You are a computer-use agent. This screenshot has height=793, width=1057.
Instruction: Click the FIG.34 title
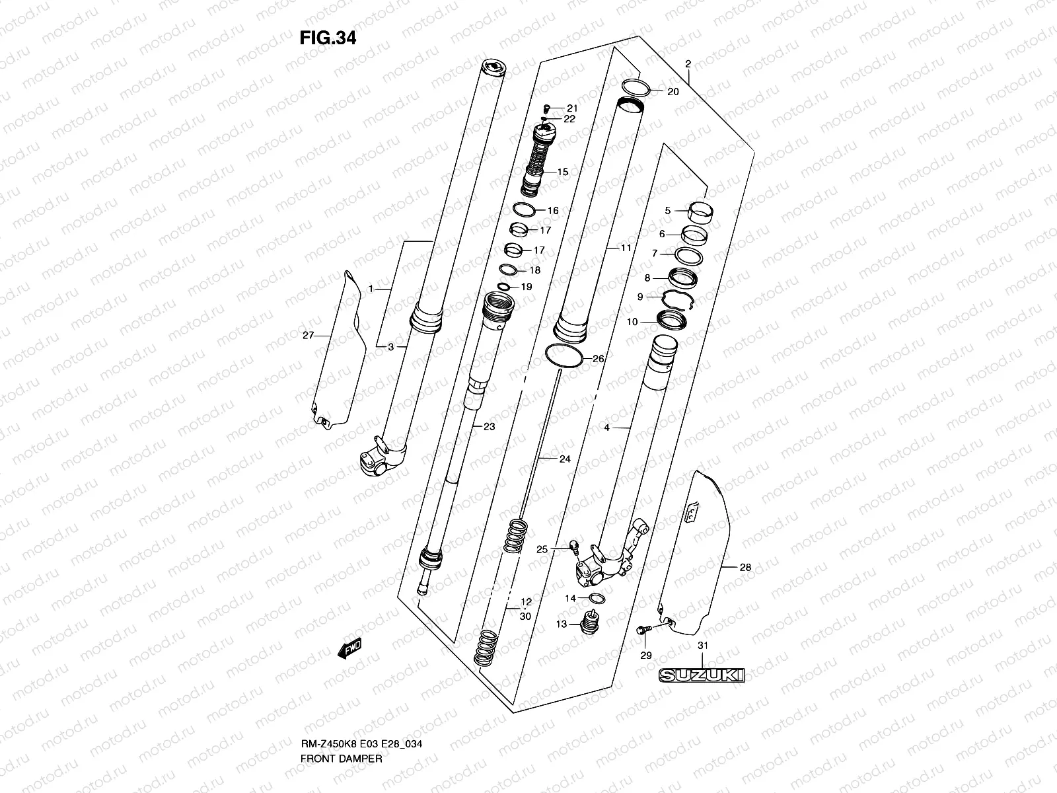328,38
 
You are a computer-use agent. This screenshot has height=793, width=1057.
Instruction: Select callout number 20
673,92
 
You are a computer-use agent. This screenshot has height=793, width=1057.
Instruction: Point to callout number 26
598,359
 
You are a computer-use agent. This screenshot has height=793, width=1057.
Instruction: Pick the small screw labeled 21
547,108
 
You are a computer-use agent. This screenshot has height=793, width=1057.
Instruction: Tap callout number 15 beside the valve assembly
562,172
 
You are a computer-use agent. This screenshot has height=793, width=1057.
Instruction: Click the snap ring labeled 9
676,299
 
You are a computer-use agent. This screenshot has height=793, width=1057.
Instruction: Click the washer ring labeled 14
596,599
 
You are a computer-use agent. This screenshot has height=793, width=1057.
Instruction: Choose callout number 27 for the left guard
308,336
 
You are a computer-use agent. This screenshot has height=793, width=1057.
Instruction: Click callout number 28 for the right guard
745,567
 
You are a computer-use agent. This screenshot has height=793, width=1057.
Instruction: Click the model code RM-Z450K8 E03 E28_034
361,707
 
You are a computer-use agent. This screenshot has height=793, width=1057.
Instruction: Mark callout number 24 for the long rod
564,459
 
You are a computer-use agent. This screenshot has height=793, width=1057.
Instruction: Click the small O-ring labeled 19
504,286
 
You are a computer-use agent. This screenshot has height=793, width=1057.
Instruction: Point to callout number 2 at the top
688,64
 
